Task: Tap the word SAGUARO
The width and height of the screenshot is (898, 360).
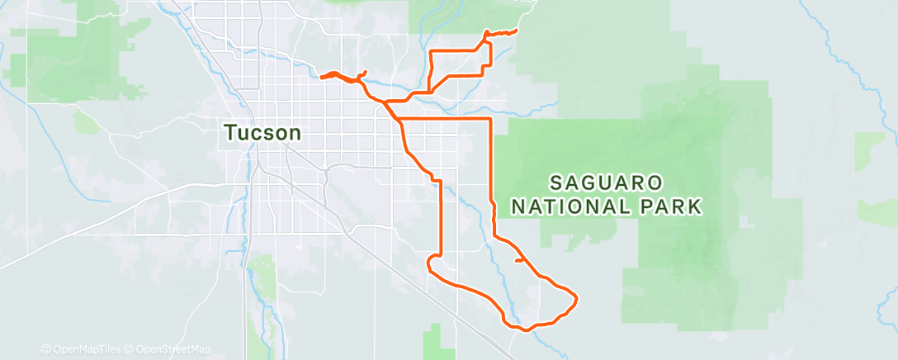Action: [x=606, y=181]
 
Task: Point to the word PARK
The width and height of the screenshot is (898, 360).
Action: [x=669, y=206]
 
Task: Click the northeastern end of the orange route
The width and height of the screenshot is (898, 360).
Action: [x=517, y=31]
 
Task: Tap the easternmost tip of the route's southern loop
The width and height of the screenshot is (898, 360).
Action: [x=574, y=297]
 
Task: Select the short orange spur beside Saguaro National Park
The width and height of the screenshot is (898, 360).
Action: [x=520, y=261]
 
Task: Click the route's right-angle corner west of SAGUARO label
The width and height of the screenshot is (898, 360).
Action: [x=491, y=120]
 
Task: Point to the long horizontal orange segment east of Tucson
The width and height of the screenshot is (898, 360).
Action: [x=446, y=120]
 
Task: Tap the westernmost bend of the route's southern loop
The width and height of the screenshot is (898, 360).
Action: [x=428, y=263]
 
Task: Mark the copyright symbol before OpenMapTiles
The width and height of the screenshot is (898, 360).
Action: [x=45, y=349]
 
